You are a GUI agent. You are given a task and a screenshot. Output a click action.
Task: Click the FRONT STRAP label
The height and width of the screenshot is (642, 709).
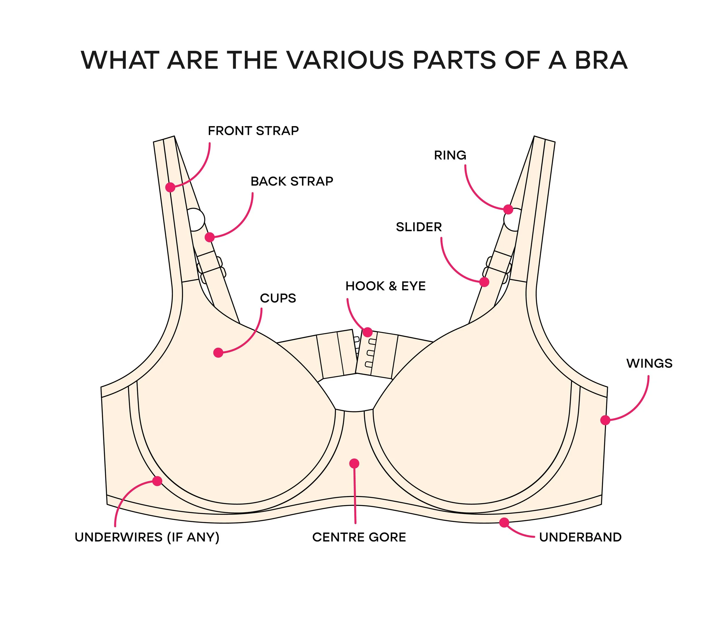point(253,131)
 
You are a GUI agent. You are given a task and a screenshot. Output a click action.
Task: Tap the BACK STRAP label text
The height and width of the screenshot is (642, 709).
point(292,181)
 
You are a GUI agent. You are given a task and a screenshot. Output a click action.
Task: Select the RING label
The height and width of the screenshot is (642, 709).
point(450,155)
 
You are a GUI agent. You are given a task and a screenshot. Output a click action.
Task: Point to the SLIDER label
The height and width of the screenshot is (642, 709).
point(419,227)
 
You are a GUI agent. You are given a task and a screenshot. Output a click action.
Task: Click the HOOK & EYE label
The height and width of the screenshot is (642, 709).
point(385,286)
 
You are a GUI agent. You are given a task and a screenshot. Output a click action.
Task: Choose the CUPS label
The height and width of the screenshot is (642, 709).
point(278,298)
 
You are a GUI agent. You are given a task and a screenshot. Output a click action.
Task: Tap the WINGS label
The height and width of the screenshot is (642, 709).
point(649,363)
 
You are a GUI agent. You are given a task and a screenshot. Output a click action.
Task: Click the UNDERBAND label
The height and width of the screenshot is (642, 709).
point(580,537)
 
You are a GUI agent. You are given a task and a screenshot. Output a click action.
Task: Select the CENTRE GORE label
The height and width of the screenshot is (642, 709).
point(359,537)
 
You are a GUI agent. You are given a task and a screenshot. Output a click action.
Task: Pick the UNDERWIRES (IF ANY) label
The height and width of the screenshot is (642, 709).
point(147,537)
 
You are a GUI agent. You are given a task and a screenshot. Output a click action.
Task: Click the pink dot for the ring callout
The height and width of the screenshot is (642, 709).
point(508,209)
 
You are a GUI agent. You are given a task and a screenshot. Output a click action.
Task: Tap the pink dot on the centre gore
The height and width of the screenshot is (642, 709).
point(354,464)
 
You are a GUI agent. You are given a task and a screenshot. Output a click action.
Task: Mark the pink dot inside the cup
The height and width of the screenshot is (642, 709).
point(218,352)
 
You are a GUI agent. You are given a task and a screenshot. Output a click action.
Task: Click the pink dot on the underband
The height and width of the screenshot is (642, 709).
point(504,522)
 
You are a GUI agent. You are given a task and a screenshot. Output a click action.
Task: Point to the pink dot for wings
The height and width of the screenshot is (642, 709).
point(605,420)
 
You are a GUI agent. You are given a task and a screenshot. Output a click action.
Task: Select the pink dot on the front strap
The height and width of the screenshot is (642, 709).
point(170,187)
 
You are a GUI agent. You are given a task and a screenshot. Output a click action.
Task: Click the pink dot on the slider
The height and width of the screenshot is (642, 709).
point(484,282)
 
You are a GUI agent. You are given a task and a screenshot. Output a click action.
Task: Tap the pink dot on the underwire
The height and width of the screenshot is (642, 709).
point(157,481)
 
